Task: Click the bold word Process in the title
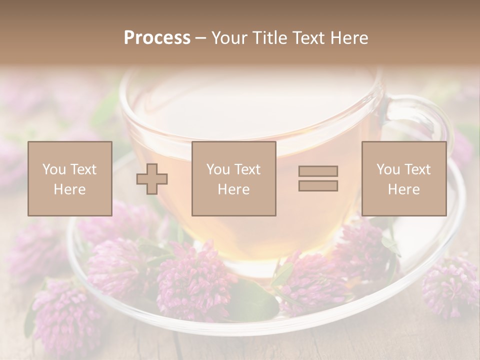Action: pyautogui.click(x=157, y=38)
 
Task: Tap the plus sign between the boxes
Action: pyautogui.click(x=152, y=179)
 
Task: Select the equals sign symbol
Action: pyautogui.click(x=318, y=178)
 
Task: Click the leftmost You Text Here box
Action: pyautogui.click(x=70, y=178)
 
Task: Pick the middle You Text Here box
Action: pyautogui.click(x=233, y=178)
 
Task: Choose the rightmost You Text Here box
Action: pyautogui.click(x=403, y=178)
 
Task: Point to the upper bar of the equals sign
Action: pyautogui.click(x=318, y=171)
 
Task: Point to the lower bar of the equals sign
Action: pyautogui.click(x=318, y=185)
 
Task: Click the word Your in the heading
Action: pyautogui.click(x=229, y=38)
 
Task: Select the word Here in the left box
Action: pyautogui.click(x=70, y=189)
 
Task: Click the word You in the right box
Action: pyautogui.click(x=388, y=169)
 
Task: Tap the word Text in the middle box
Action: pyautogui.click(x=247, y=169)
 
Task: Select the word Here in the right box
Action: pyautogui.click(x=403, y=189)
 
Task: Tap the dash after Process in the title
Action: pyautogui.click(x=200, y=38)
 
